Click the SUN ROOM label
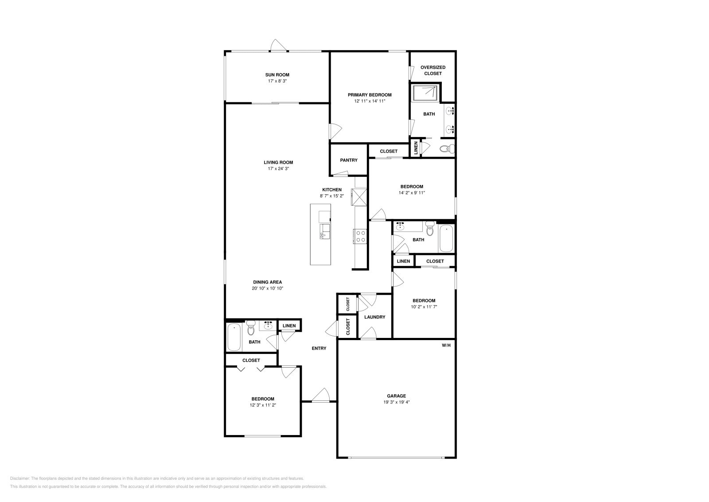[277, 75]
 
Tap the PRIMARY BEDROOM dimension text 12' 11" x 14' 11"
[370, 101]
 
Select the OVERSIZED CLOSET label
[432, 71]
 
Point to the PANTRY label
[348, 160]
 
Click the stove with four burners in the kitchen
[360, 236]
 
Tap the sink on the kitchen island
[325, 231]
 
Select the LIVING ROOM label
[278, 162]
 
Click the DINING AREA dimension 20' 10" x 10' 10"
[267, 288]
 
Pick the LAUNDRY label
[374, 317]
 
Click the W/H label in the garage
[446, 345]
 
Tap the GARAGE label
[396, 396]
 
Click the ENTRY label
[319, 349]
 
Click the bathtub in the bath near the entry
[234, 337]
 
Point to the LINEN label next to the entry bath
[289, 326]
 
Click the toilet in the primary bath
[446, 149]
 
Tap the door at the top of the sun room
[279, 46]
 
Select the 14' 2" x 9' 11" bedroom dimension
[412, 193]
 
